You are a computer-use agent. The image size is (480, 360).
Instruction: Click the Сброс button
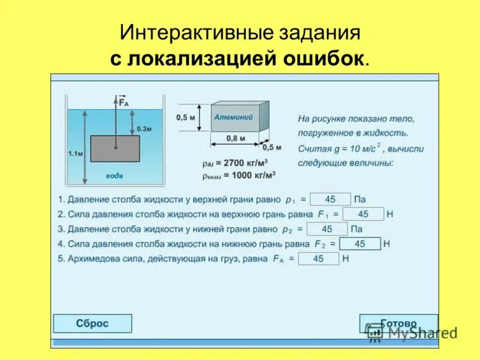coord(92,323)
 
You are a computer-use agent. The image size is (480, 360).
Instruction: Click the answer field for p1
coord(330,199)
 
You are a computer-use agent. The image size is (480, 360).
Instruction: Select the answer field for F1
coord(363,214)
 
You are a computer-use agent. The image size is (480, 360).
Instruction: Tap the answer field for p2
coord(327,229)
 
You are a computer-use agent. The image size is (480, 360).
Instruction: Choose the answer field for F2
coord(360,244)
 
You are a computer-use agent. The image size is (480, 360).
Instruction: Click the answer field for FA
coord(319,259)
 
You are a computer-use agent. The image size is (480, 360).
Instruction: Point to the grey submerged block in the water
coord(115,150)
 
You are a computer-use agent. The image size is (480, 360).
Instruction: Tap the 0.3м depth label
coord(145,128)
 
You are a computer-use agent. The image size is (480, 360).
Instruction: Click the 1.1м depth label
coord(76,154)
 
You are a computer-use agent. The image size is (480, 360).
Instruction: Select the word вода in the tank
coord(115,176)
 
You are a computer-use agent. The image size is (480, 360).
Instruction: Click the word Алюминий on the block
coord(233,117)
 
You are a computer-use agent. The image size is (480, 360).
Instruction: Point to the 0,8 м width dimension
coord(235,139)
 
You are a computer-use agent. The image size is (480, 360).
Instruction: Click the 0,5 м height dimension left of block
coord(186,118)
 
